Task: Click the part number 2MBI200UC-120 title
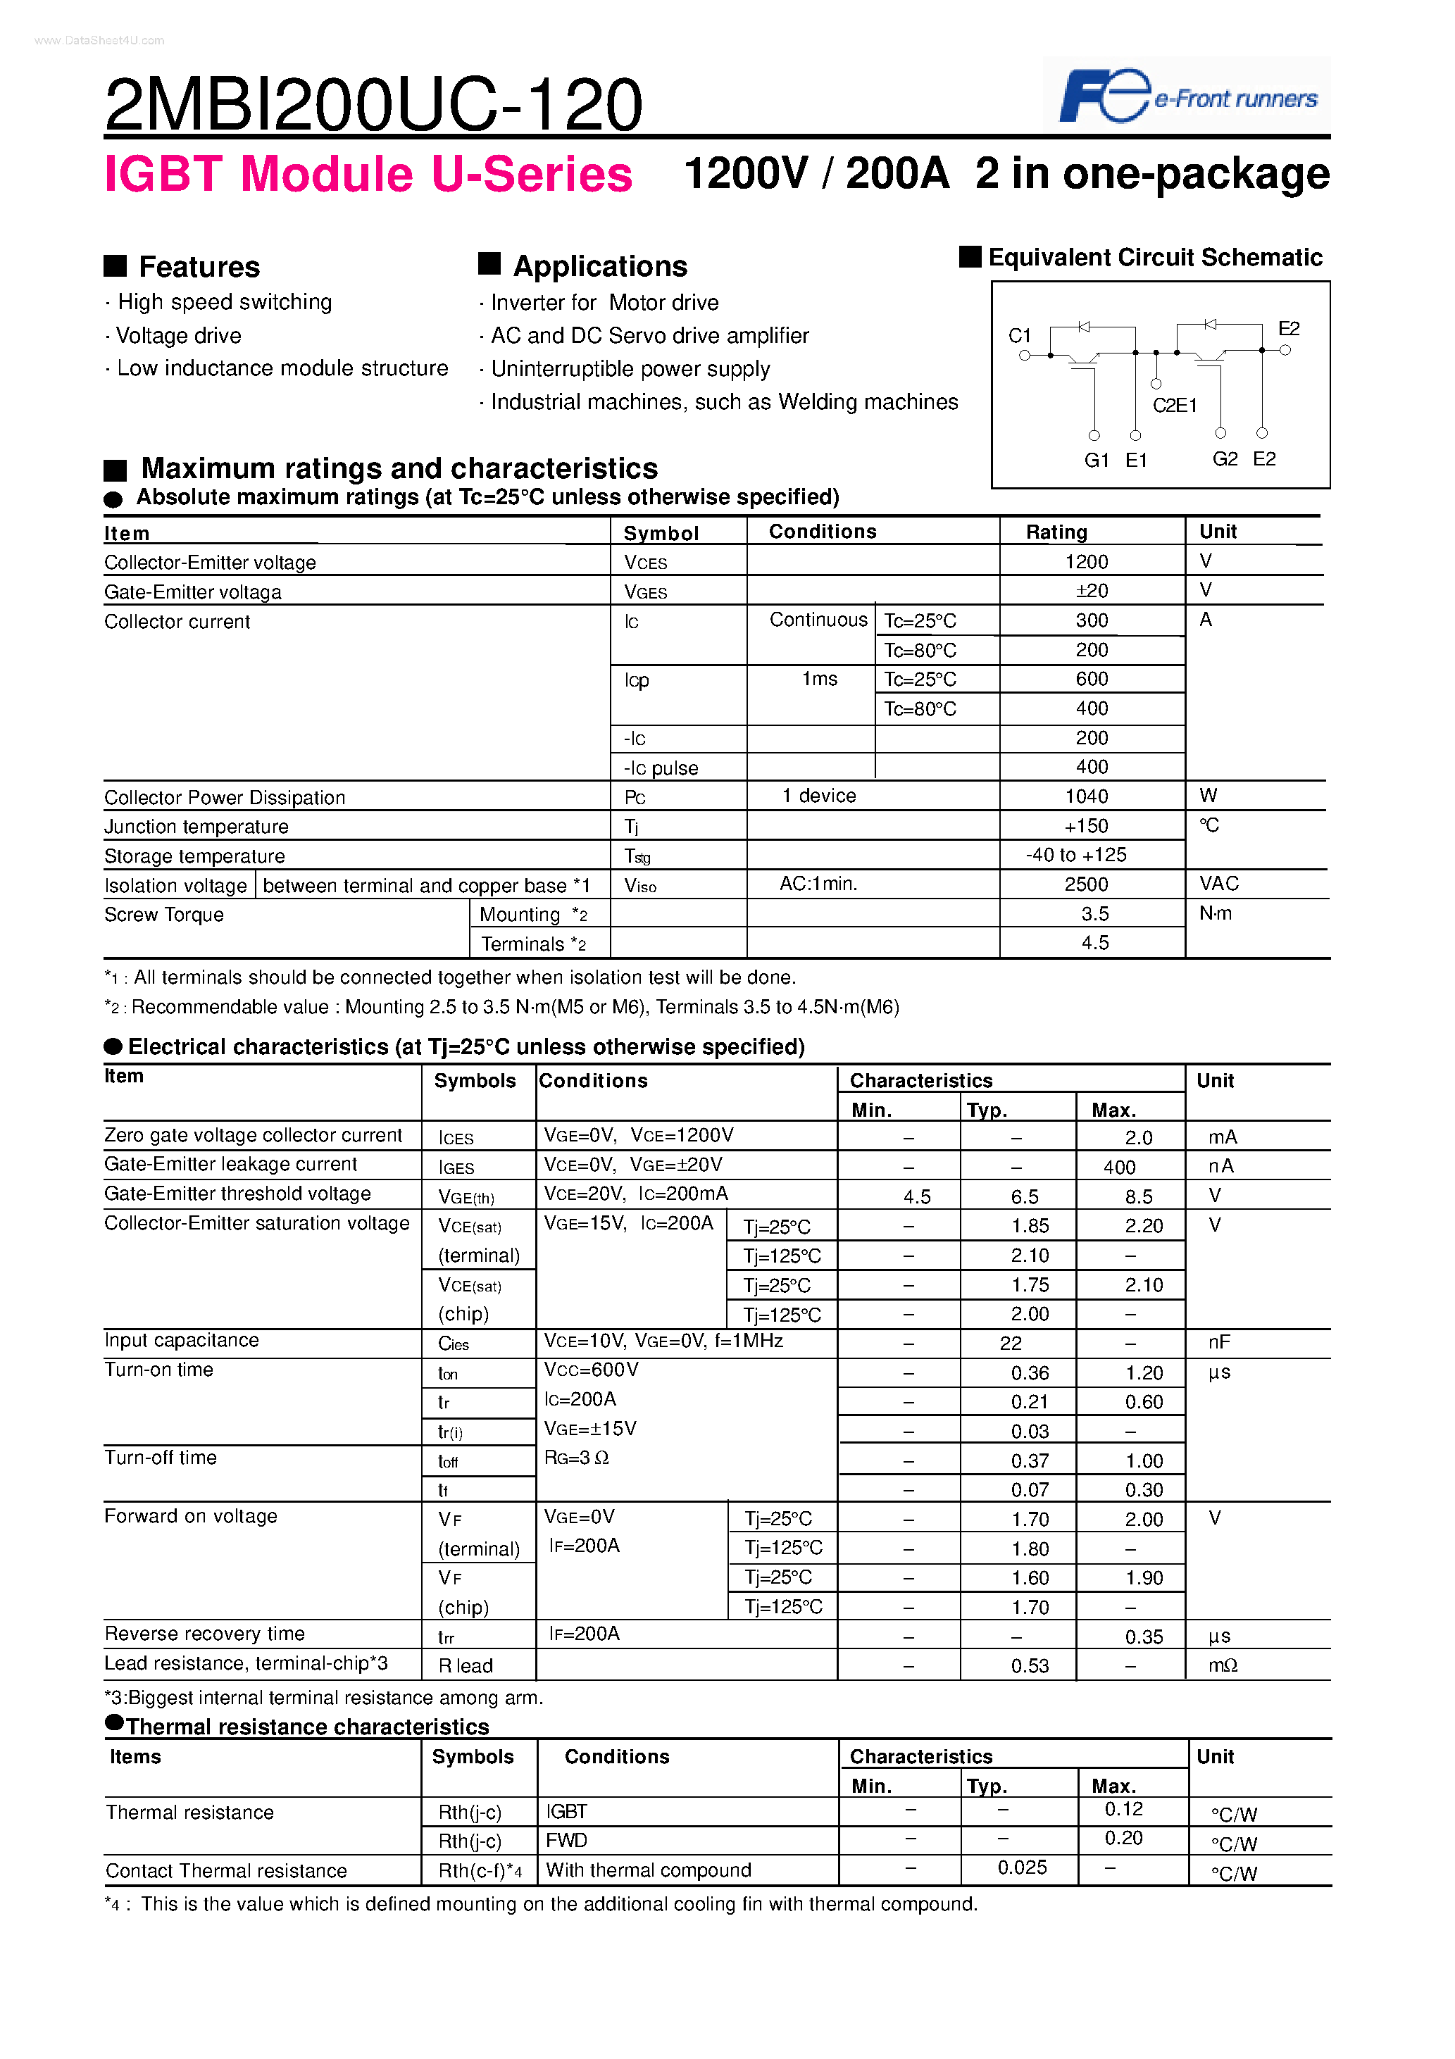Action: (373, 104)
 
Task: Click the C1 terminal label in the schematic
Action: (1019, 335)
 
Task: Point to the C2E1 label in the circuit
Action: (1174, 406)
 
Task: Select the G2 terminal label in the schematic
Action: (1225, 459)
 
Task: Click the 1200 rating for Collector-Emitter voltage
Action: (1086, 562)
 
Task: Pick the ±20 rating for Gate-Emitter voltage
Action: (1091, 591)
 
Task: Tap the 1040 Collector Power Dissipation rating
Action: (1086, 796)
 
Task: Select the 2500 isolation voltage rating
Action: (1086, 884)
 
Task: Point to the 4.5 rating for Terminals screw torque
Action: (1094, 942)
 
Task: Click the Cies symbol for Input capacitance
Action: (454, 1344)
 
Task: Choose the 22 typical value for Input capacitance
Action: (1011, 1344)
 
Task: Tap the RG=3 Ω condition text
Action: (577, 1458)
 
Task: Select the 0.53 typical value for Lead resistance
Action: (1030, 1666)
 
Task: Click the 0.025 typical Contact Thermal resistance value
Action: (1022, 1868)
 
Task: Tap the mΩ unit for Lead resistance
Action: (1223, 1665)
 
